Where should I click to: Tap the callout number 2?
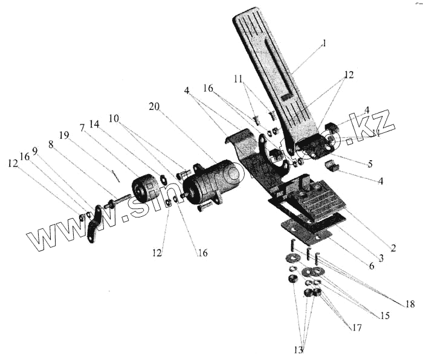pyautogui.click(x=393, y=248)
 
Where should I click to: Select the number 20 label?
pyautogui.click(x=155, y=107)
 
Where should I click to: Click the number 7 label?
pyautogui.click(x=82, y=129)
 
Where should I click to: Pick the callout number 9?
pyautogui.click(x=34, y=152)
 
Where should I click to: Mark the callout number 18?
pyautogui.click(x=410, y=304)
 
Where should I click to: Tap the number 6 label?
pyautogui.click(x=369, y=266)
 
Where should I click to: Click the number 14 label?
pyautogui.click(x=94, y=124)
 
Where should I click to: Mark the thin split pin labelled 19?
pyautogui.click(x=117, y=176)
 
